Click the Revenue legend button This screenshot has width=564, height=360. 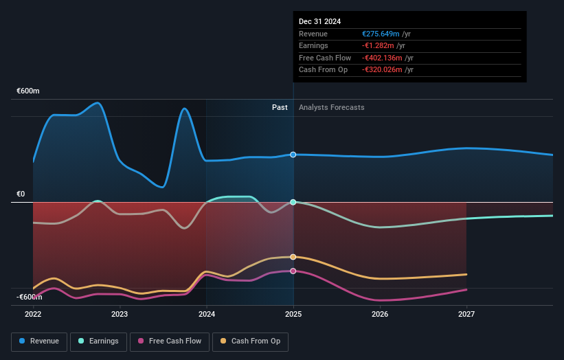pos(39,341)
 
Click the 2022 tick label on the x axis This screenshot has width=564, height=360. pos(33,315)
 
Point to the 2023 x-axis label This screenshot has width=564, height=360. pos(120,315)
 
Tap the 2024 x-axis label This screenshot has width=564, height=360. pos(206,315)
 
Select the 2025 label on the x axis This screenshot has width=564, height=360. pos(293,315)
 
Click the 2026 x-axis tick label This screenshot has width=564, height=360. pos(380,315)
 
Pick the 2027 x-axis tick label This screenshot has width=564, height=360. pos(466,315)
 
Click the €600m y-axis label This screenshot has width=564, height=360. pos(28,91)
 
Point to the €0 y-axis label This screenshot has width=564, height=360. pos(21,194)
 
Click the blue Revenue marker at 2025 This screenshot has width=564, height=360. pos(293,155)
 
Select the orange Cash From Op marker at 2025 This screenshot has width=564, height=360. pos(293,257)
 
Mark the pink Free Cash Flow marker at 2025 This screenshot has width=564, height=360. pos(293,271)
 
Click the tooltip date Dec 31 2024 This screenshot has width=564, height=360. pos(319,22)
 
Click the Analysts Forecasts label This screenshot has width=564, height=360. pos(332,107)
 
